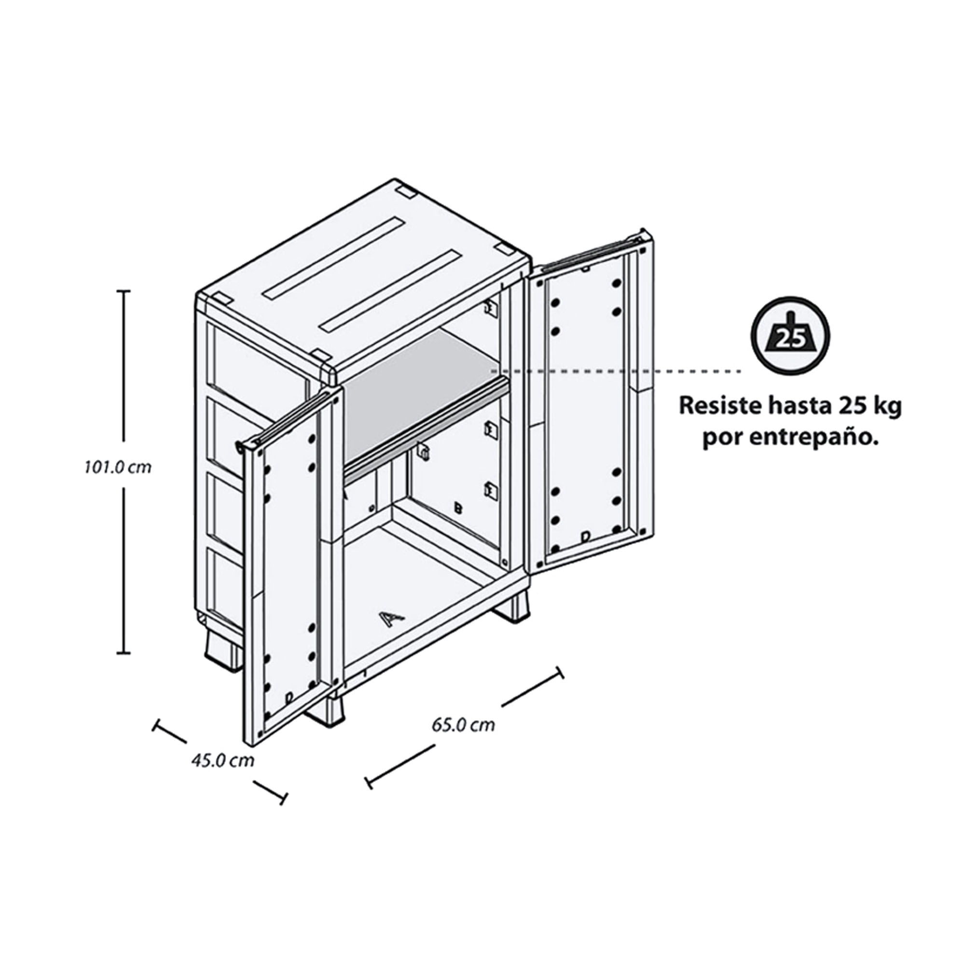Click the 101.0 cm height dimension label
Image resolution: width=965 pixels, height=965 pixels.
tap(118, 468)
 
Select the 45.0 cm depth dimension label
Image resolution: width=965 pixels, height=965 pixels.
tap(223, 761)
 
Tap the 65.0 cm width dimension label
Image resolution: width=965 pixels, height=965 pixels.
tap(463, 725)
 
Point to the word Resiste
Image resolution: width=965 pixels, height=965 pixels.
tap(719, 406)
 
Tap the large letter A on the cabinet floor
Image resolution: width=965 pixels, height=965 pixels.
tap(391, 619)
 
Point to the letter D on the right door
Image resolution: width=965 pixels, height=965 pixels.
tap(585, 537)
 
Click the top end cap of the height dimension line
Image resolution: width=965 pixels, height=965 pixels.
tap(124, 290)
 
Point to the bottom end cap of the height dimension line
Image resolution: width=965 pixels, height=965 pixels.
tap(124, 653)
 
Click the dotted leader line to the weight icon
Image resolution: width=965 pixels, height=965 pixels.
tap(616, 371)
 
